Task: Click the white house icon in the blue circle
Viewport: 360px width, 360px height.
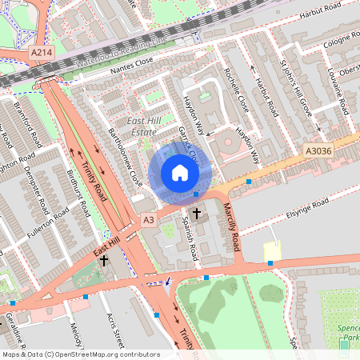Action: pyautogui.click(x=179, y=173)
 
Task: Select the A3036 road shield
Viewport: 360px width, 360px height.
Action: pyautogui.click(x=318, y=149)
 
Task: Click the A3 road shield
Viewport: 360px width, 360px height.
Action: pyautogui.click(x=148, y=218)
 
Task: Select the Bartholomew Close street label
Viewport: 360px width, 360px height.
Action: pyautogui.click(x=126, y=157)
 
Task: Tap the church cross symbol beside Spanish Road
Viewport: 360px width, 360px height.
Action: pyautogui.click(x=197, y=214)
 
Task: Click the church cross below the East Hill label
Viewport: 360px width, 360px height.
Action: pyautogui.click(x=103, y=262)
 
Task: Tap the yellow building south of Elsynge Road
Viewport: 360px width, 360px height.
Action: pyautogui.click(x=273, y=251)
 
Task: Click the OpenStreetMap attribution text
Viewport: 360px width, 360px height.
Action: pyautogui.click(x=80, y=354)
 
